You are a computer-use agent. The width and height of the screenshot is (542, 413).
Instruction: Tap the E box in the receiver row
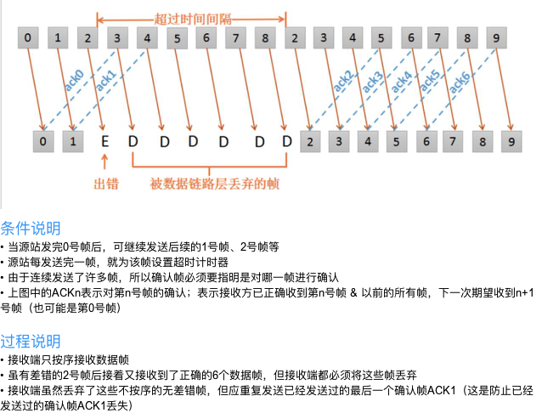102,139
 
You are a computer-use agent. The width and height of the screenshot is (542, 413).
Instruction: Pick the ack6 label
459,79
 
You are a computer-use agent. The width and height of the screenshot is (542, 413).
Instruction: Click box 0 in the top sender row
30,38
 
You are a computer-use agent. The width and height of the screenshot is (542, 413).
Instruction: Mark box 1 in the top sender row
59,38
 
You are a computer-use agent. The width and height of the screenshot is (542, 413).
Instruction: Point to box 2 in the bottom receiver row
311,139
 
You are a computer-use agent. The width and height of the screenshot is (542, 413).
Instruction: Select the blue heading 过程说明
31,342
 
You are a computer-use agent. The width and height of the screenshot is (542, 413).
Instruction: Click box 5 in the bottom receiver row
394,139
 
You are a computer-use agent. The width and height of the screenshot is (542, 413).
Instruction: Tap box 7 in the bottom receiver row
452,139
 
